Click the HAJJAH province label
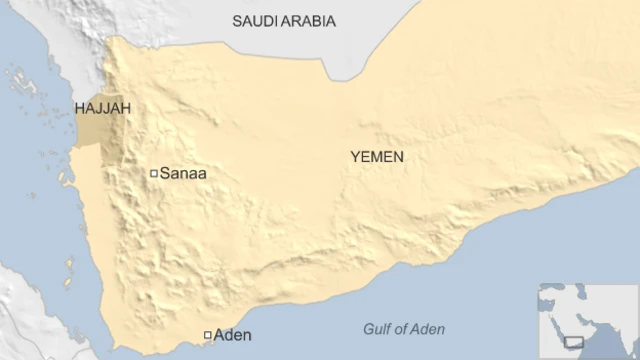(x=103, y=108)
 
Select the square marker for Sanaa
(x=154, y=174)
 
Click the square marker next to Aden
(x=207, y=335)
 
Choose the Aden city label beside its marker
(x=233, y=335)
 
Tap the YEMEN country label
(x=377, y=157)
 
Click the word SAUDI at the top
(x=255, y=21)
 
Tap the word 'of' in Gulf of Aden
(x=402, y=330)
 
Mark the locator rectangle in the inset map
(x=574, y=342)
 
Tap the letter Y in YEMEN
(x=355, y=157)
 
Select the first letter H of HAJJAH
(x=80, y=108)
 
